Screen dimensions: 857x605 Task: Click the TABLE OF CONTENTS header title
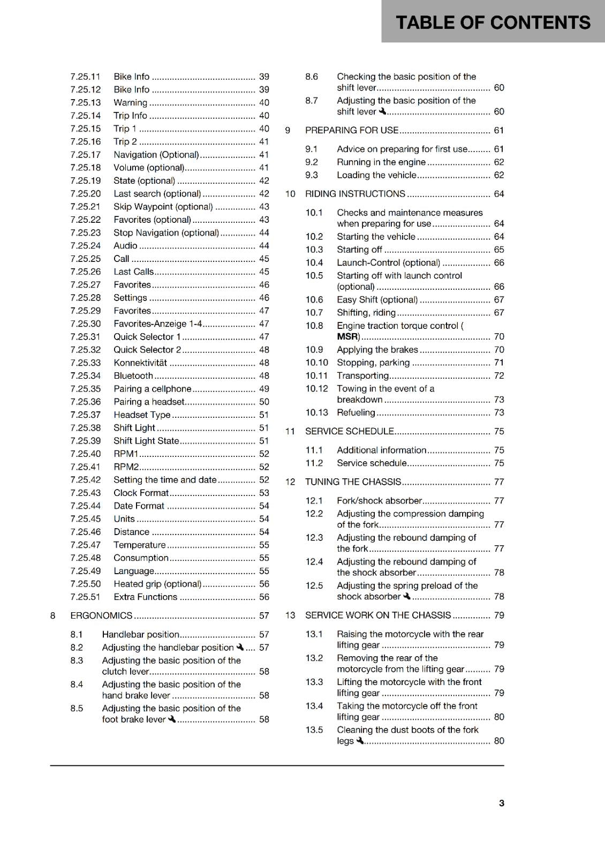[493, 22]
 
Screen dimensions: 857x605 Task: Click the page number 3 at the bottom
[501, 803]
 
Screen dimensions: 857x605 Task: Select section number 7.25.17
[86, 155]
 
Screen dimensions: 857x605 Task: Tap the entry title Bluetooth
[133, 376]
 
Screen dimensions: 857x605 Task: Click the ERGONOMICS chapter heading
[101, 616]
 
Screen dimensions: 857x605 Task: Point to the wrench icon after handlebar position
[240, 647]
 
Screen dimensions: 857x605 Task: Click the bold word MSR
[347, 337]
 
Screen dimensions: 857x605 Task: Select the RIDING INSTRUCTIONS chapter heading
[355, 194]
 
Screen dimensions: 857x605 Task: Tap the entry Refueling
[356, 413]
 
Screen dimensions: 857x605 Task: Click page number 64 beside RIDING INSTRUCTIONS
[498, 194]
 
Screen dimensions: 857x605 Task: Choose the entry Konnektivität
[140, 363]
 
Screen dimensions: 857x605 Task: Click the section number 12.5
[314, 586]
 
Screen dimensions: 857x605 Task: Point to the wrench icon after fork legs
[360, 741]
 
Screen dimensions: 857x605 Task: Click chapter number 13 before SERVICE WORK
[290, 615]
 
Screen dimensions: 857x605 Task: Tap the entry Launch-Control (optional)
[388, 263]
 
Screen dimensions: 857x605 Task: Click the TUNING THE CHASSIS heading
[353, 482]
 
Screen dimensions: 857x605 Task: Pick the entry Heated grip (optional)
[157, 584]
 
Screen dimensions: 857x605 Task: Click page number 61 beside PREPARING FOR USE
[498, 130]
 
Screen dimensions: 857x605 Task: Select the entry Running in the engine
[381, 162]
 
